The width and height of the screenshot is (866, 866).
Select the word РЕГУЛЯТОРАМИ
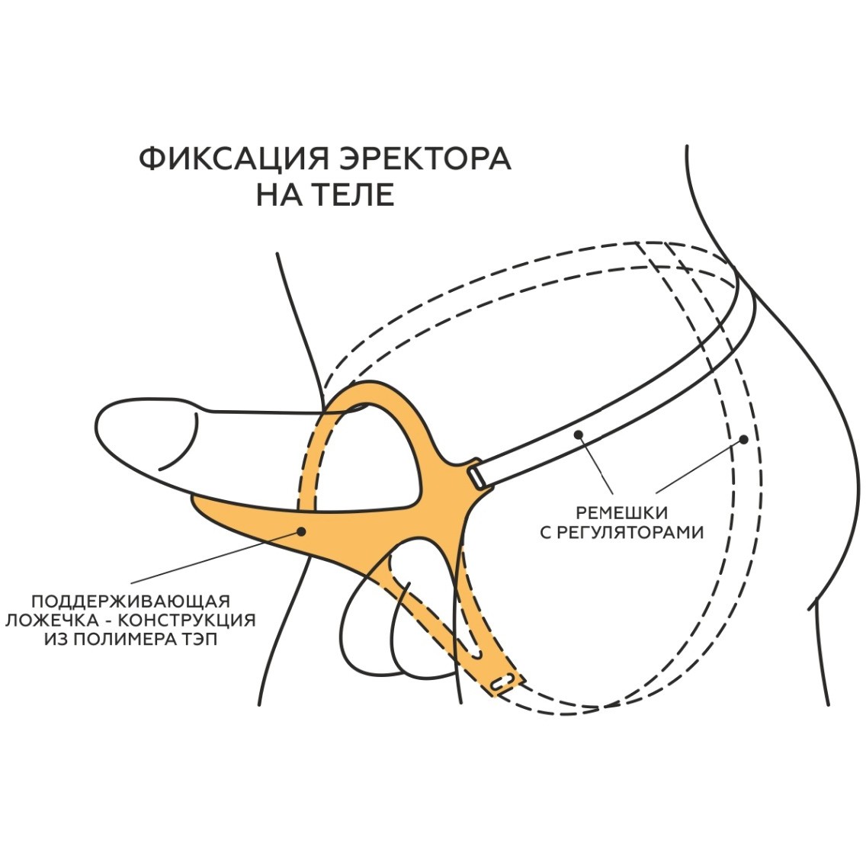632,533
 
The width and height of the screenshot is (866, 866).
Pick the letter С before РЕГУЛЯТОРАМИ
547,533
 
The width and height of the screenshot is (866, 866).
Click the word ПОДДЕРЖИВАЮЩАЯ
130,601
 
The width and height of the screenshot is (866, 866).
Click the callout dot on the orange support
302,531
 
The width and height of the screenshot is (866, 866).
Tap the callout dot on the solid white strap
579,435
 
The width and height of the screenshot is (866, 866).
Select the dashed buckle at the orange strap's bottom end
503,682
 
